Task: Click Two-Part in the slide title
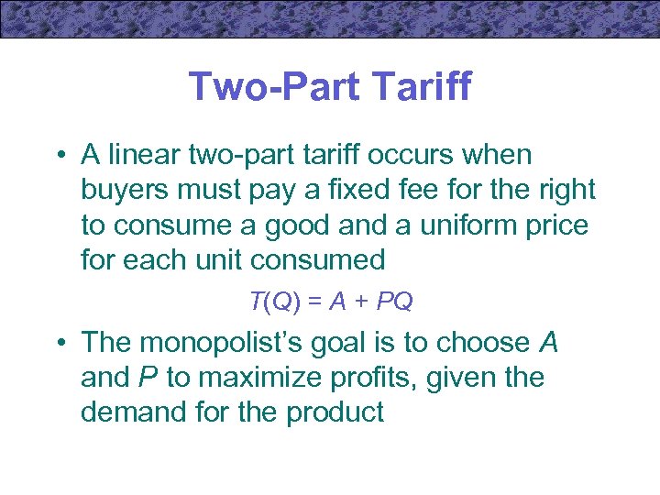click(x=263, y=88)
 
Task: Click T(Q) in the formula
click(x=271, y=300)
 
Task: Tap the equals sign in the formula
click(x=313, y=301)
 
